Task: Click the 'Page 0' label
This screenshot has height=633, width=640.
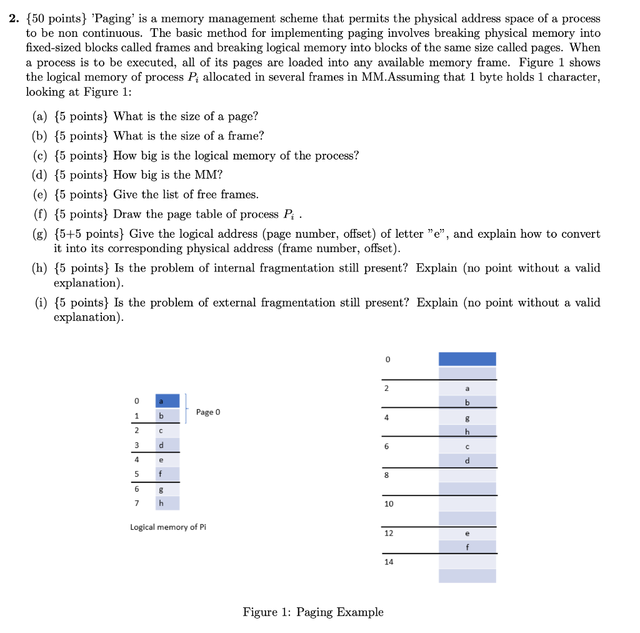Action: [207, 412]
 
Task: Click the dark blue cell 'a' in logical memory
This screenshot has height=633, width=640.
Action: [167, 400]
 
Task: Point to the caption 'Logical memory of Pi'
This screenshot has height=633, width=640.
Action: [168, 527]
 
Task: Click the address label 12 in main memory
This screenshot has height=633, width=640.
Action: [389, 533]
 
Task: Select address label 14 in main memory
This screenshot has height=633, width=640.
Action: [389, 562]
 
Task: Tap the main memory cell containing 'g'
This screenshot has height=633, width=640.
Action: [467, 417]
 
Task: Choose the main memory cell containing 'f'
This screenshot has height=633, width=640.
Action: [467, 547]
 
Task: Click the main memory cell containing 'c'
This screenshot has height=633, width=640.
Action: [467, 446]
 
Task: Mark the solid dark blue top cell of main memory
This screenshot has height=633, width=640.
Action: [467, 359]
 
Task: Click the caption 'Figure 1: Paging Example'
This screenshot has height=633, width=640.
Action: [313, 612]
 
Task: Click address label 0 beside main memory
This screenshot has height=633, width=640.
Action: [387, 360]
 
